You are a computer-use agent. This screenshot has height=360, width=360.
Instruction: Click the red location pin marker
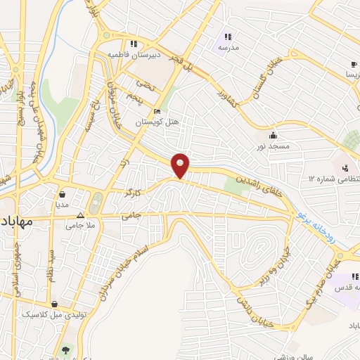coord(181,165)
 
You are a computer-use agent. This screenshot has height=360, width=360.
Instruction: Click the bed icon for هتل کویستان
coord(157,111)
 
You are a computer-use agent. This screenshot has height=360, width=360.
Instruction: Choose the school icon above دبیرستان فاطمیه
coord(134,43)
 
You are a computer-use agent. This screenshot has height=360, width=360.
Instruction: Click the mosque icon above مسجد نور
coord(273,135)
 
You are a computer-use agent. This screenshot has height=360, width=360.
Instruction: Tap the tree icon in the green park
coord(66,349)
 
